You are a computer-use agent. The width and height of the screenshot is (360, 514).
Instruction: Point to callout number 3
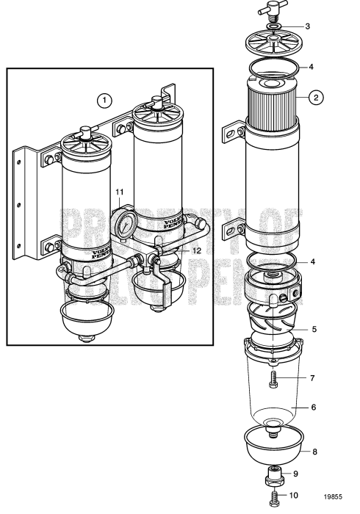(x=307, y=26)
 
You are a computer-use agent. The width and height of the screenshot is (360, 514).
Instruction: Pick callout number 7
(x=312, y=378)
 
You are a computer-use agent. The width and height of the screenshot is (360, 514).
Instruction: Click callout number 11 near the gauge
(x=118, y=192)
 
